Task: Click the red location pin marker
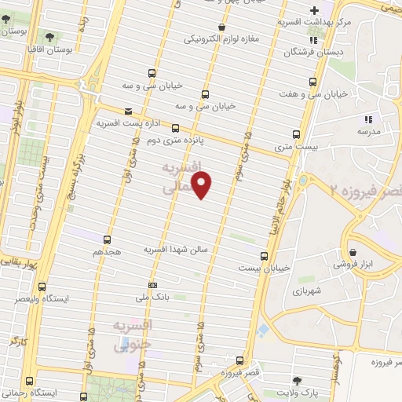(203, 185)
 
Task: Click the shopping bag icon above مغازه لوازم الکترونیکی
(222, 27)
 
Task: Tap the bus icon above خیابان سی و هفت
(314, 82)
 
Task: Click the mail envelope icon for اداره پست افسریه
(128, 112)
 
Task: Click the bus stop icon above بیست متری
(295, 134)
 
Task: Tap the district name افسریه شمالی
(182, 179)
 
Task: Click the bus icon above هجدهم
(106, 240)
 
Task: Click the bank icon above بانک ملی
(152, 285)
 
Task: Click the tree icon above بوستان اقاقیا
(49, 37)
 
